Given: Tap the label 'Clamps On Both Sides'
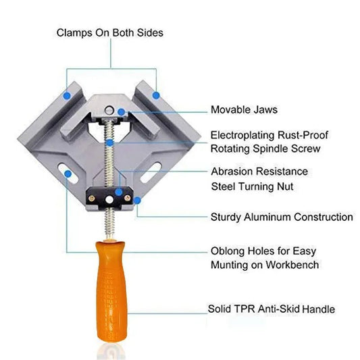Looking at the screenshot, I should click(x=109, y=32).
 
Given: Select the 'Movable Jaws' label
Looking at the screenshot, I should click(x=244, y=109).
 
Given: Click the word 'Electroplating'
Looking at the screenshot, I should click(x=243, y=134).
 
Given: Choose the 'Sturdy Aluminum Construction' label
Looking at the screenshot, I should click(x=282, y=217).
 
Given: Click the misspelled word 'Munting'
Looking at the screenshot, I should click(x=230, y=265).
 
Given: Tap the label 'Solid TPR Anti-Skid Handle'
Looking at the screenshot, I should click(x=272, y=309).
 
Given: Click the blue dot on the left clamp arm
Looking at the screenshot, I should click(x=66, y=96).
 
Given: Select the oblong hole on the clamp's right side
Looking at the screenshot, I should click(x=152, y=169).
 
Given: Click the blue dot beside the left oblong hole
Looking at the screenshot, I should click(x=67, y=174).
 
